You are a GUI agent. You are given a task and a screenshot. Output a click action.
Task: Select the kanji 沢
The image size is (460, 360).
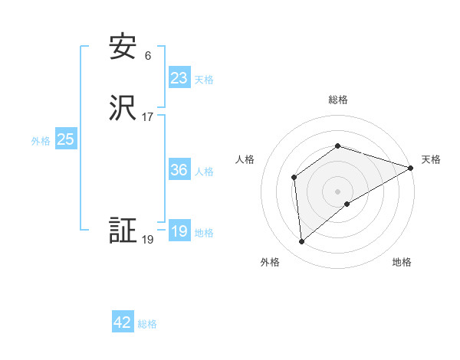click(123, 108)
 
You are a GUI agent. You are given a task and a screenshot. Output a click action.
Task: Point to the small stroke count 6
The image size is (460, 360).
click(147, 56)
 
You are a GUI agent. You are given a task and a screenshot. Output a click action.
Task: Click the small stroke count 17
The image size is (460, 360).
click(147, 117)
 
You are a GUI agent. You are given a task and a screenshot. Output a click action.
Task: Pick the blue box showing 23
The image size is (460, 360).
click(179, 78)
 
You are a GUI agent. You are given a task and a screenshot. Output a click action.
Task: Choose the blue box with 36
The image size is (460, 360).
click(179, 170)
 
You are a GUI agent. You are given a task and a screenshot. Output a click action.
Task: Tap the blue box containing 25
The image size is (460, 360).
click(66, 139)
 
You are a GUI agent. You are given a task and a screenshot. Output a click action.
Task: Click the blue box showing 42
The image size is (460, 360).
click(123, 323)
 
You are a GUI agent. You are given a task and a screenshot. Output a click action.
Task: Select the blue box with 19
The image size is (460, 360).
click(179, 231)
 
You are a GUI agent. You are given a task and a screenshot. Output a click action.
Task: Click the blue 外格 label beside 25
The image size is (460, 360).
click(41, 141)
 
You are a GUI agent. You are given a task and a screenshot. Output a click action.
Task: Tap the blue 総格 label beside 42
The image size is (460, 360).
click(147, 325)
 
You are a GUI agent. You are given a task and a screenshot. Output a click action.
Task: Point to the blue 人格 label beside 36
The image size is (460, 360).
click(204, 172)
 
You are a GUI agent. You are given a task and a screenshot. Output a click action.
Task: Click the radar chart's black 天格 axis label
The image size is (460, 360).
click(431, 159)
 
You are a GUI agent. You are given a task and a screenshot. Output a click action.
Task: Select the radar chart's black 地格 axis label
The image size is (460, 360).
click(402, 262)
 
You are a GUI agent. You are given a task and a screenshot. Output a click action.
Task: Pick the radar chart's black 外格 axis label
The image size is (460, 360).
click(270, 262)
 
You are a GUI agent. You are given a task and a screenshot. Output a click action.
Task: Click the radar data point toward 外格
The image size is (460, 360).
click(302, 242)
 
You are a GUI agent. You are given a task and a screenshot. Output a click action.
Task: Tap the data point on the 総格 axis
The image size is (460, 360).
click(337, 146)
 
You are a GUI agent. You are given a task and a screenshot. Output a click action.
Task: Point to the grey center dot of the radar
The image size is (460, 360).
click(337, 191)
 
